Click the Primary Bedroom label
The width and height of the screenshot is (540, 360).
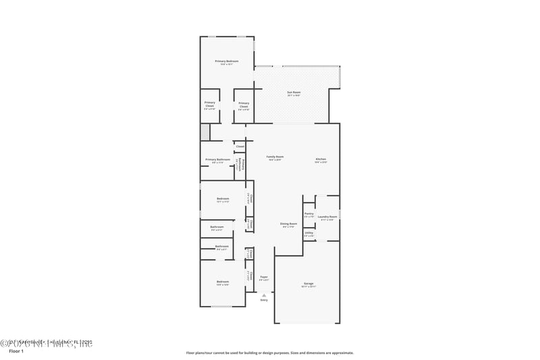(x=227, y=61)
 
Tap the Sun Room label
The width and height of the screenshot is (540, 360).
(x=294, y=92)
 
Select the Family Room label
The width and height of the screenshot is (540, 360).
(x=275, y=156)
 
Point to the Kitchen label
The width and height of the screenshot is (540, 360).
(x=321, y=159)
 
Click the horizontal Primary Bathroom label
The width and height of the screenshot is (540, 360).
(x=217, y=159)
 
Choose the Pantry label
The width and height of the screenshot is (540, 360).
(x=308, y=213)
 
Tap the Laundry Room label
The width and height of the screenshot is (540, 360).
(x=327, y=217)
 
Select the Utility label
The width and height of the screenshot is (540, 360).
(x=308, y=232)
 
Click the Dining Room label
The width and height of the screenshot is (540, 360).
(x=289, y=224)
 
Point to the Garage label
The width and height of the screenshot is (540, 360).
(x=308, y=283)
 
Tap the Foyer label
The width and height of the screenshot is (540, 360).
(x=264, y=276)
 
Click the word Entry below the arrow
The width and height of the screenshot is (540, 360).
(x=264, y=300)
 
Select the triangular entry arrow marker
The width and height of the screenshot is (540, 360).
(x=264, y=294)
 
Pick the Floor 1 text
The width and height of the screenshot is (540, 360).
(x=16, y=351)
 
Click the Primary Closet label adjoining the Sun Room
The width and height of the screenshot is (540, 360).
(x=244, y=103)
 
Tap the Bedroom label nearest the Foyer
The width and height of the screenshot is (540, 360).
(x=222, y=282)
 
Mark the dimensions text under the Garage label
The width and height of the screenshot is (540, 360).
(x=308, y=287)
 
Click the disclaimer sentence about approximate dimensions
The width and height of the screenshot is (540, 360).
(x=269, y=353)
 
